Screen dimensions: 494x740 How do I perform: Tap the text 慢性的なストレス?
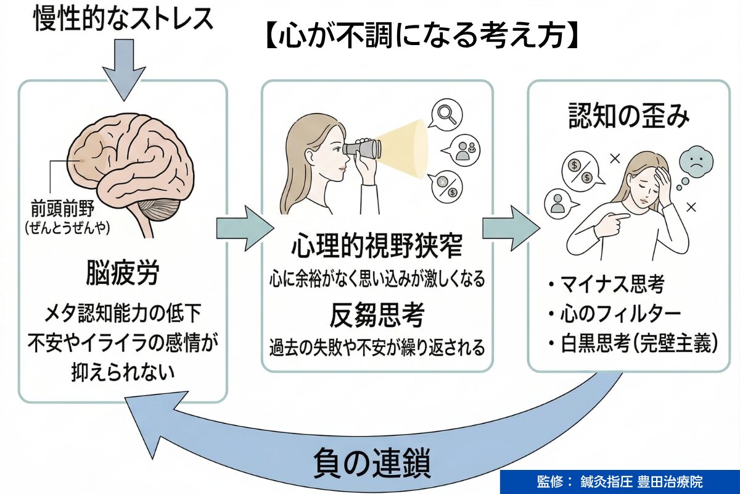coord(123,19)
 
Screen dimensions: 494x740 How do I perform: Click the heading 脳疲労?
coord(123,273)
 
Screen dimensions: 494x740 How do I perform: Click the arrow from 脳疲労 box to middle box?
coord(244,228)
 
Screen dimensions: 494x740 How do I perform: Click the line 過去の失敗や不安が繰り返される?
coord(377,348)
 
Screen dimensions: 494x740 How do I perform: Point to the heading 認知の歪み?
coord(628,117)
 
